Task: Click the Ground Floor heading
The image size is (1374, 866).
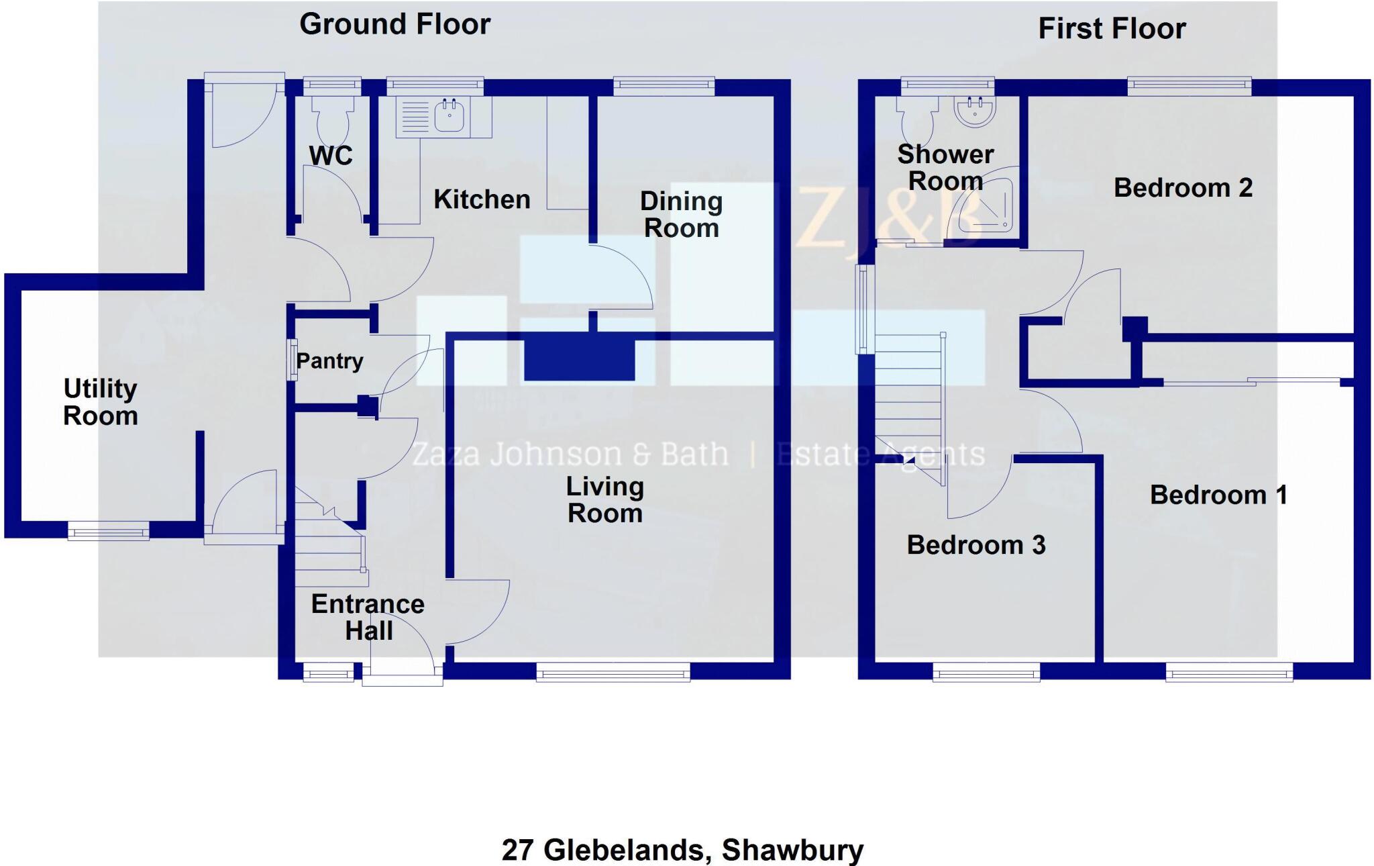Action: tap(394, 24)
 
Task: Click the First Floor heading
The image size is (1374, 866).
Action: tap(1112, 29)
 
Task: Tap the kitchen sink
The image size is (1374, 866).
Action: tap(449, 115)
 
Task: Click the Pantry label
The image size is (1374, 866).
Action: tap(329, 361)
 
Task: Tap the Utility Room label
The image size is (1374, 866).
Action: tap(101, 401)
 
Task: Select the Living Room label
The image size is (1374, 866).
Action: tap(605, 499)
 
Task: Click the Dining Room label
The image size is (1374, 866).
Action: tap(681, 214)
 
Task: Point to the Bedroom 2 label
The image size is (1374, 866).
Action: tap(1183, 188)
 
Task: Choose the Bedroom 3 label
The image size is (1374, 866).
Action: tap(975, 545)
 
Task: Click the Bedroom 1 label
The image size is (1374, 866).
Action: tap(1218, 495)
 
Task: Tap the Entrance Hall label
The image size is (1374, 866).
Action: tap(368, 617)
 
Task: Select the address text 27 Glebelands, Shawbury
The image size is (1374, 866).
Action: tap(682, 850)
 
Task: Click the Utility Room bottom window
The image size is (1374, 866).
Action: tap(108, 533)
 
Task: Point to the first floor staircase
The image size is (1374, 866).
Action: tap(910, 403)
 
